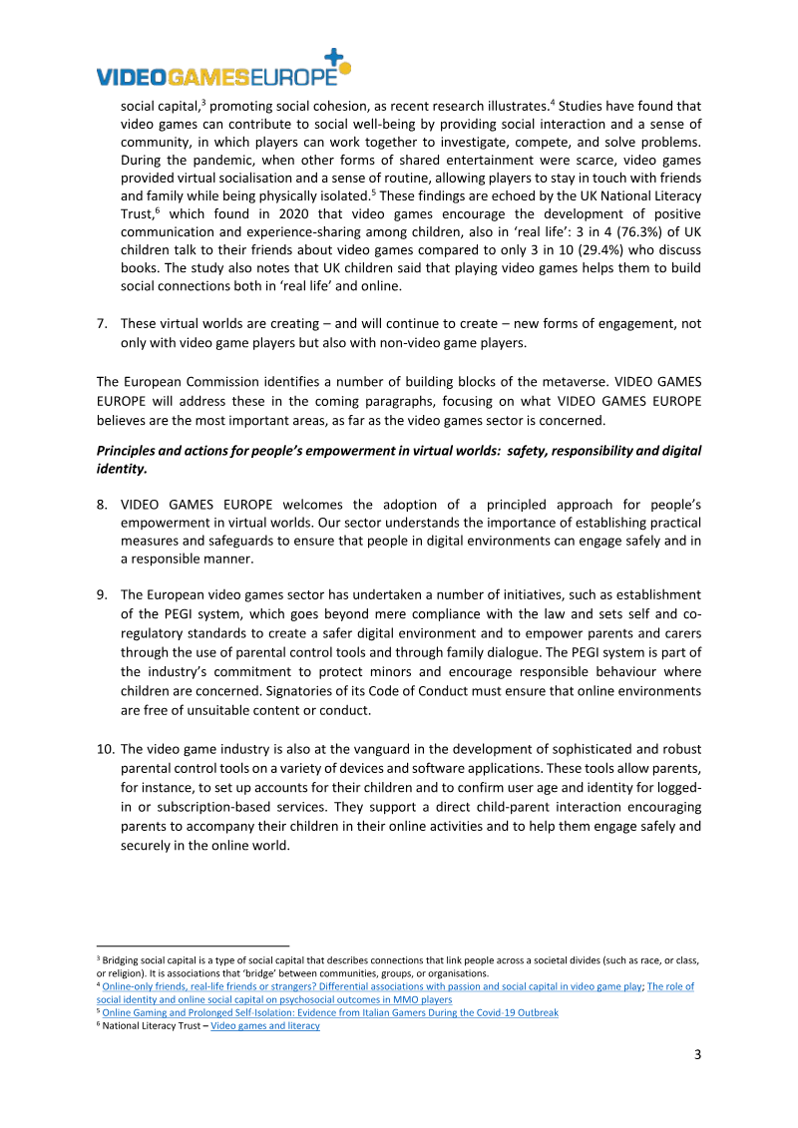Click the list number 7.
coord(102,323)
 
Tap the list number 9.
coord(102,594)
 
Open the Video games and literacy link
coord(265,1025)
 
